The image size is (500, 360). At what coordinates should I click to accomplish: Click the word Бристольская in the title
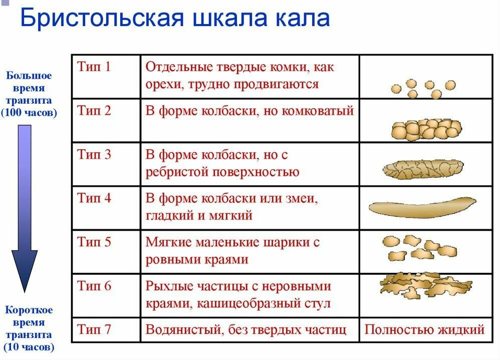102,18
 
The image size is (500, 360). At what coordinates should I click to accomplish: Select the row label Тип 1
94,67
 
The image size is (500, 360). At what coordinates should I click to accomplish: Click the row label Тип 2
94,111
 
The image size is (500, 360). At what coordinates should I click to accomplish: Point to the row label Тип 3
94,154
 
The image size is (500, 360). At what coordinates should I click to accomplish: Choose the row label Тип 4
94,198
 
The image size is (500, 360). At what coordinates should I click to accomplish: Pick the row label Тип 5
94,242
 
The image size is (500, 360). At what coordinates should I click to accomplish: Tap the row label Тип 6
94,285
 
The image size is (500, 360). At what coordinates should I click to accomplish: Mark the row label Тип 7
94,329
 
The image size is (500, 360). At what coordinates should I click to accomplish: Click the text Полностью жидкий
424,329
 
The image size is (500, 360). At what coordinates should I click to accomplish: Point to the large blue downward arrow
25,209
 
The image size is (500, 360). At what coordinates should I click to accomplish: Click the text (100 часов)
29,113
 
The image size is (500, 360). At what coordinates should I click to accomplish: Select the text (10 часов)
29,346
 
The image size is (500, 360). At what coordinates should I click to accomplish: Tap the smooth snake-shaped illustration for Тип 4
422,207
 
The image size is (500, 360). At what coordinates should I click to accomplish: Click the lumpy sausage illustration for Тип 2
426,130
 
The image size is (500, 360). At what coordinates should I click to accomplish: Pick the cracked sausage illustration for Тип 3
423,169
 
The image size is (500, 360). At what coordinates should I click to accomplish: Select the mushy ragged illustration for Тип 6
426,284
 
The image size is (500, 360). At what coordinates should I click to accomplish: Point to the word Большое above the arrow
29,76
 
